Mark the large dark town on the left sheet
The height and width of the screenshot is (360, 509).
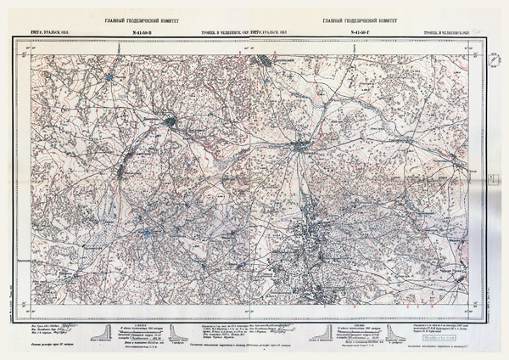pos(171,122)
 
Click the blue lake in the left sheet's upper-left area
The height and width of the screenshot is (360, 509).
pos(109,79)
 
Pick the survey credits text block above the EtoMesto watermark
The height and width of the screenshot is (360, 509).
pos(447,326)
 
